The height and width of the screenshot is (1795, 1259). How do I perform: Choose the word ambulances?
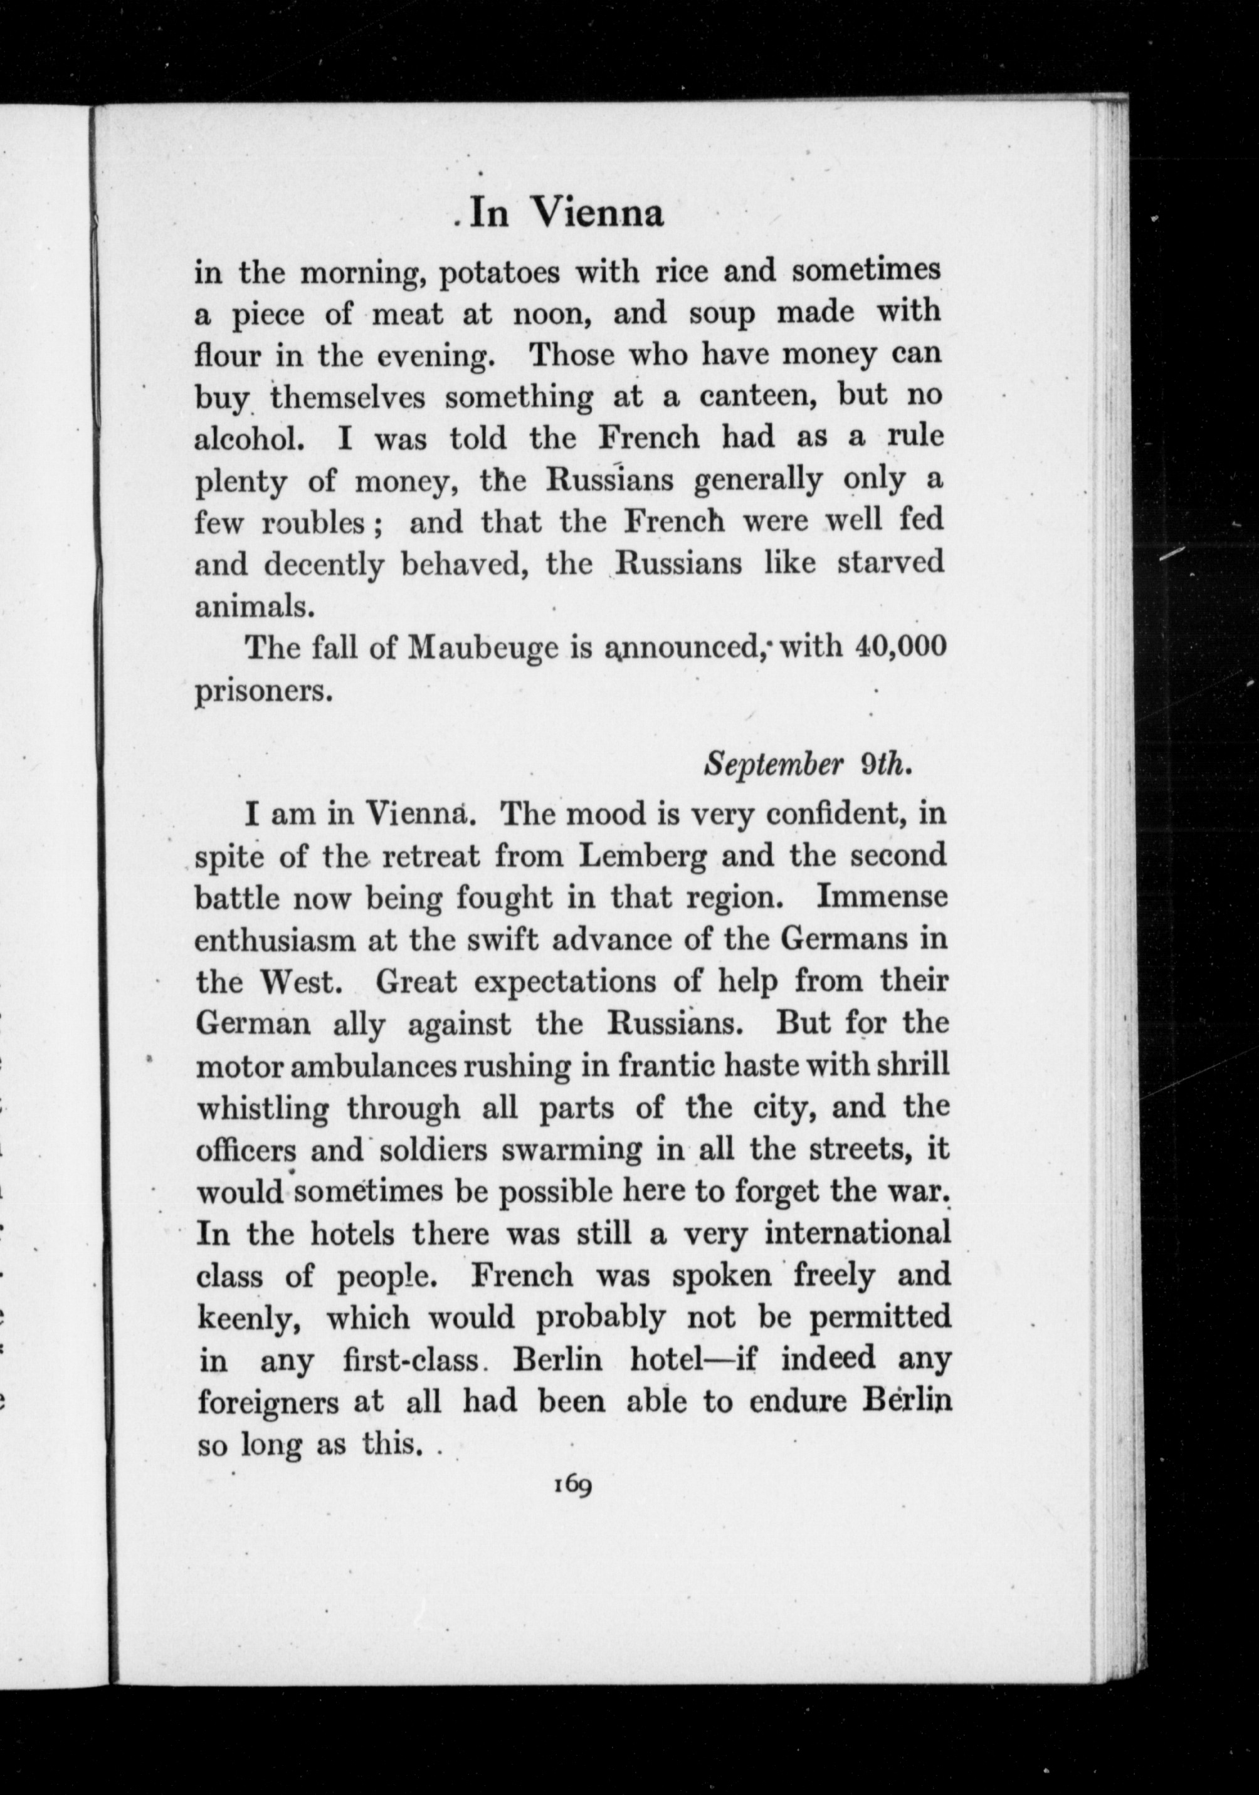tap(382, 1066)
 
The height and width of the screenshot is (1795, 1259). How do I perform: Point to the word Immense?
tap(882, 897)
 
